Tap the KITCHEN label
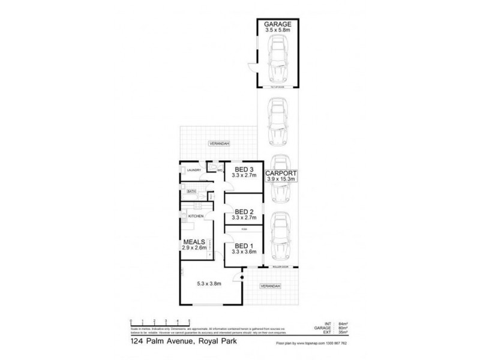[x=196, y=215]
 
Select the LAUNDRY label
[x=193, y=170]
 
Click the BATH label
[x=191, y=191]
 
